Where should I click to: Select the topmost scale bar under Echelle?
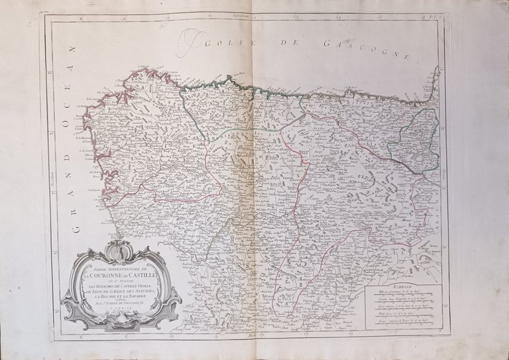(402, 295)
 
